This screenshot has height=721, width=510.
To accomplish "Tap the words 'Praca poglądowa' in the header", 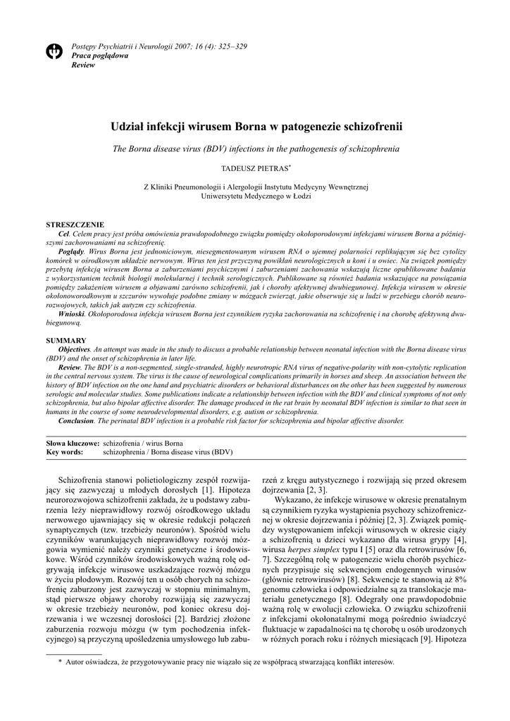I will point(100,55).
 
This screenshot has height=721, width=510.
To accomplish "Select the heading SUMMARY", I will point(66,341).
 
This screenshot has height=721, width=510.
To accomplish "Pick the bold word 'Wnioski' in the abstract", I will point(71,315).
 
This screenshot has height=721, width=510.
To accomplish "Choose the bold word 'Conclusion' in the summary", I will point(75,421).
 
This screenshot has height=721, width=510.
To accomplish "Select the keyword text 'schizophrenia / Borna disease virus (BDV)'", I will point(168,452).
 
